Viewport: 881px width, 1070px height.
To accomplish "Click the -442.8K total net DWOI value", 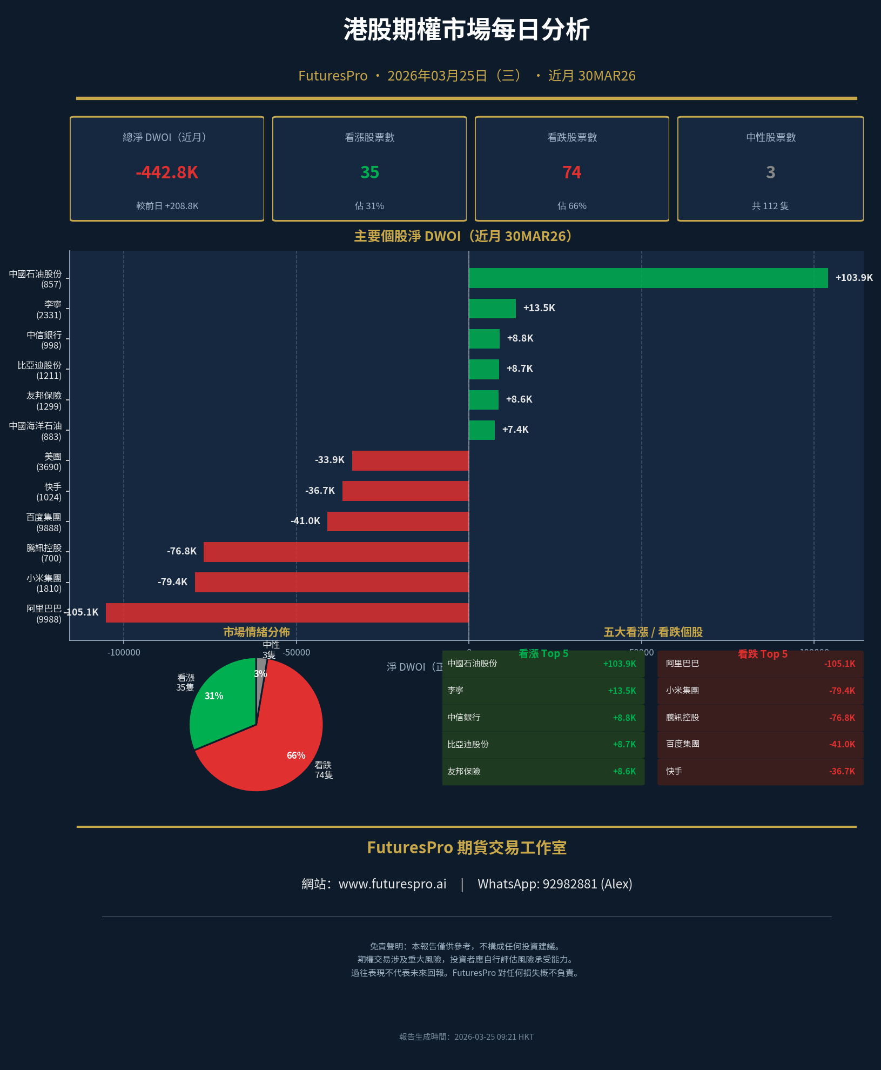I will (167, 172).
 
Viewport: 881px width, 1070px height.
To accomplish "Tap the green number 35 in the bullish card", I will (369, 172).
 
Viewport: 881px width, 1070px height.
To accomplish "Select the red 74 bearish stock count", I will (571, 172).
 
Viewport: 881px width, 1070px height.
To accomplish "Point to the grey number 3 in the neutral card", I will (770, 172).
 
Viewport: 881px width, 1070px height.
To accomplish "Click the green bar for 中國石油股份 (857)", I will (648, 278).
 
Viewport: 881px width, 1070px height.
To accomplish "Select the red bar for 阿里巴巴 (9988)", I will (287, 612).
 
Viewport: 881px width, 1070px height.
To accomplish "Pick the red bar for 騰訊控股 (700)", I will (335, 552).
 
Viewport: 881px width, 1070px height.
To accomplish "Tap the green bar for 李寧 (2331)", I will (492, 308).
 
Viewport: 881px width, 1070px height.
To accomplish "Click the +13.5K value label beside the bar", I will (539, 308).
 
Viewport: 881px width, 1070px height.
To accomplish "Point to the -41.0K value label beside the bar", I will (305, 521).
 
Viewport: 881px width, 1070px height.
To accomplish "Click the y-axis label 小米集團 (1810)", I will (44, 583).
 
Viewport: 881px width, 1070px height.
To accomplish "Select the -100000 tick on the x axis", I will (124, 652).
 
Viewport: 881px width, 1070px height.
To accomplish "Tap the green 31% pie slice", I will (221, 703).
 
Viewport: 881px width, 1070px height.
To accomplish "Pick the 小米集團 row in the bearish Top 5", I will (759, 691).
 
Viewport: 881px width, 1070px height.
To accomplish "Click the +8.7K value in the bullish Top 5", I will (624, 745).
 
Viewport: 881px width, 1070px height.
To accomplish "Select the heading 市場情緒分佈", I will (256, 632).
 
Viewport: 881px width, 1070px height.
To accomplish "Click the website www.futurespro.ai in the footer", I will (392, 884).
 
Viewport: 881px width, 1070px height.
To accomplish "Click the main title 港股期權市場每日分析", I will (466, 30).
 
